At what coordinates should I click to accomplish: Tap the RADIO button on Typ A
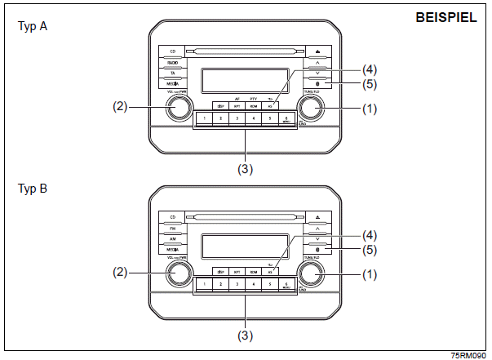pyautogui.click(x=171, y=61)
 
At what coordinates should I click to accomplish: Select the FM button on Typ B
pyautogui.click(x=171, y=229)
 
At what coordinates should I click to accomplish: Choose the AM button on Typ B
pyautogui.click(x=171, y=242)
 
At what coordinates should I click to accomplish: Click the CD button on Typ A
pyautogui.click(x=171, y=50)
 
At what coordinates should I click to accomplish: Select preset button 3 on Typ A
pyautogui.click(x=237, y=119)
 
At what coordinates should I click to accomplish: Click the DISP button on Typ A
pyautogui.click(x=219, y=105)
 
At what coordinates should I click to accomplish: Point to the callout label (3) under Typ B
pyautogui.click(x=245, y=335)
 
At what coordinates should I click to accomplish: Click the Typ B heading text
pyautogui.click(x=33, y=189)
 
